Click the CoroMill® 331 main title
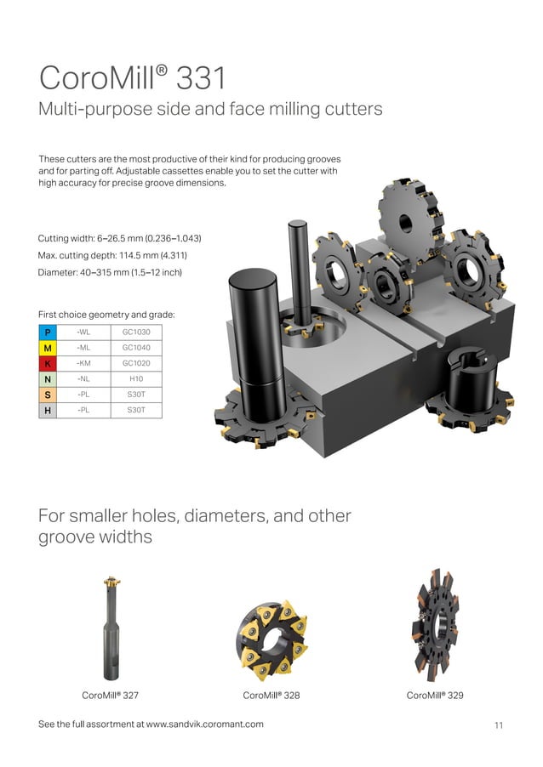[x=133, y=78]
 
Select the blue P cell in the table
[x=49, y=331]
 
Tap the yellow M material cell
[x=49, y=347]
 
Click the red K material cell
[x=49, y=363]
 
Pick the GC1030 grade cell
[x=136, y=331]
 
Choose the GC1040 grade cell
[x=136, y=347]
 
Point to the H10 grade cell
[x=136, y=378]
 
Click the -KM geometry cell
[x=84, y=363]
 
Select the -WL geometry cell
[x=84, y=331]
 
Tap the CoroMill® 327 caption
[x=110, y=695]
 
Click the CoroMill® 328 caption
[x=271, y=695]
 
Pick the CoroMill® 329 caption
[x=434, y=695]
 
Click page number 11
[x=498, y=724]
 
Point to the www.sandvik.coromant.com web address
[x=204, y=724]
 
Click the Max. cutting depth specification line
[x=112, y=255]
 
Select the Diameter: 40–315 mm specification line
[x=110, y=272]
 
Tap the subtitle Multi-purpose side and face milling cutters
[x=210, y=110]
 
